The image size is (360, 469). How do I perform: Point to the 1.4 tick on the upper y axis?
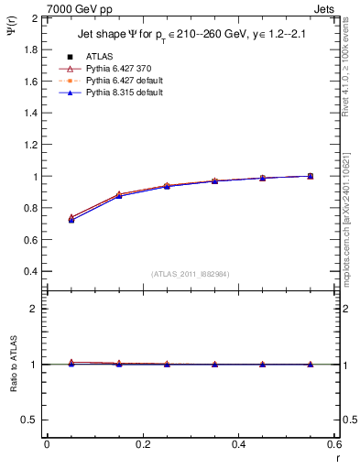[x=31, y=113]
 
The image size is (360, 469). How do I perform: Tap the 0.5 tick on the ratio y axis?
[x=31, y=420]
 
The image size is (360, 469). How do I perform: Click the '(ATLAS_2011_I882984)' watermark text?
[x=190, y=274]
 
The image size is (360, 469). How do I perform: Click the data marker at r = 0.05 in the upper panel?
[x=71, y=220]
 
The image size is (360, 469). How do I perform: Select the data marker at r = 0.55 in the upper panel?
[x=311, y=176]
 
